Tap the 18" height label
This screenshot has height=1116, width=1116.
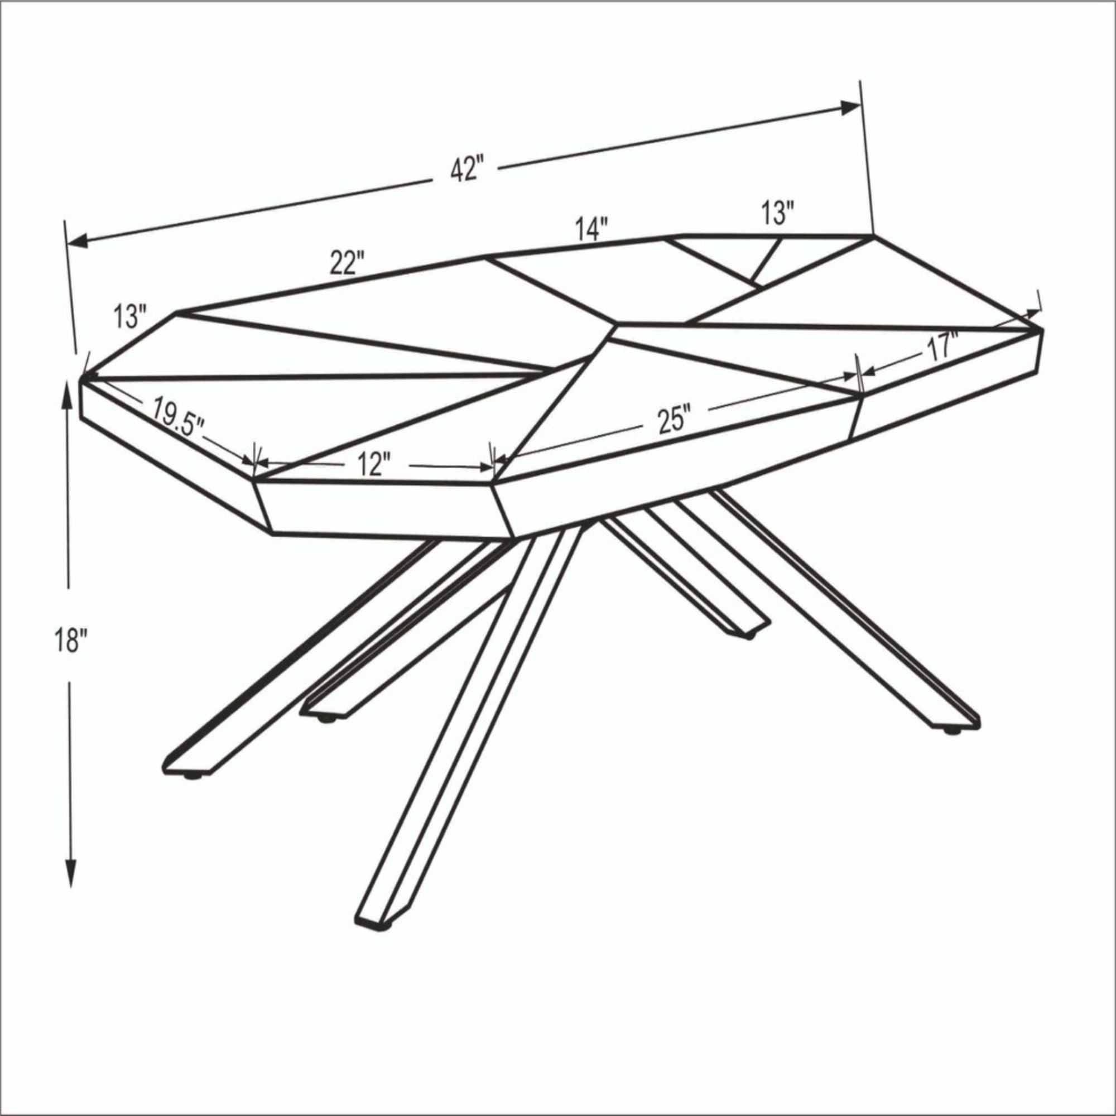[71, 641]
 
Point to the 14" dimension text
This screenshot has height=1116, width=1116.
[591, 229]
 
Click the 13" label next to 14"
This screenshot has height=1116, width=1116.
[777, 213]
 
